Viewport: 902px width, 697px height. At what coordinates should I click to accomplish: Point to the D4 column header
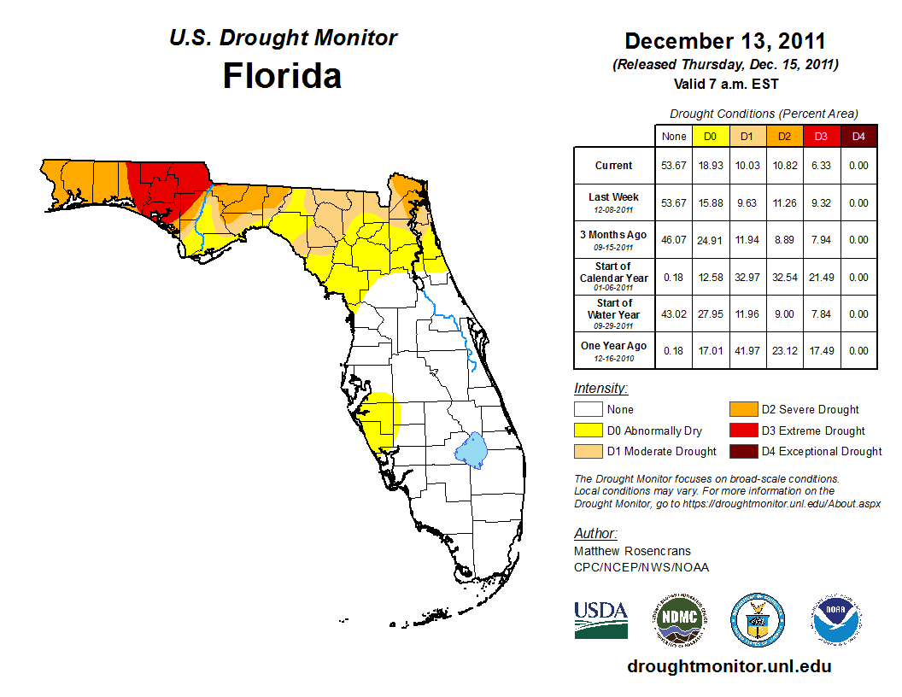coord(858,136)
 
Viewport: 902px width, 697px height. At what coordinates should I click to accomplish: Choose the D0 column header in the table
coord(710,136)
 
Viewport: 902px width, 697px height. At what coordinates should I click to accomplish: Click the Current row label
coord(614,166)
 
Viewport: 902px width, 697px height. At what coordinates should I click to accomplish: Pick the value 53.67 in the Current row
coord(674,166)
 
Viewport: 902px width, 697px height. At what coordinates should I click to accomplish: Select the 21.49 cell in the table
coord(821,278)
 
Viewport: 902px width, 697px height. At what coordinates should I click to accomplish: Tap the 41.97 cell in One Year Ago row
coord(747,351)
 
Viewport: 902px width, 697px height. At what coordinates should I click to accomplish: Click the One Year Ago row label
coord(614,346)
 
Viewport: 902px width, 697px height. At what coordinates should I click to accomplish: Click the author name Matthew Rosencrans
coord(632,551)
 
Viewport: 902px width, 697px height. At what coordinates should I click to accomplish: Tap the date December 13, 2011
coord(725,40)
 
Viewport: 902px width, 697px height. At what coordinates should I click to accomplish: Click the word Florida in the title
coord(282,76)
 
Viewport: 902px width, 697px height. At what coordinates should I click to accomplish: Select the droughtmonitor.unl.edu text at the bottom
coord(729,666)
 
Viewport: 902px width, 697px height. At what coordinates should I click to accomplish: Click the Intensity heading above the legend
coord(600,389)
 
